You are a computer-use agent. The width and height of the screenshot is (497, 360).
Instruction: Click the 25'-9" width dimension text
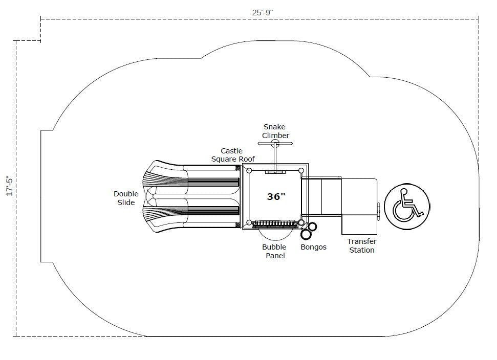tap(259, 12)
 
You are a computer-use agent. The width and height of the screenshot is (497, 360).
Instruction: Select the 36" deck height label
tap(275, 196)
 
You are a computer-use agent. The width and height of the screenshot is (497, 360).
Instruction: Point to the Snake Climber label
tap(275, 131)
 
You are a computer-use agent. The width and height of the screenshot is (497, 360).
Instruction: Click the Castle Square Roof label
tap(232, 155)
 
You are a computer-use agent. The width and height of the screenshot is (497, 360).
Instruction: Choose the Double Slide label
tap(126, 198)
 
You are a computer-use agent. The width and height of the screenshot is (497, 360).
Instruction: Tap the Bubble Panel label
tap(274, 251)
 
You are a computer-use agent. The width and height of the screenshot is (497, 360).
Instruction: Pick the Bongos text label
tap(314, 247)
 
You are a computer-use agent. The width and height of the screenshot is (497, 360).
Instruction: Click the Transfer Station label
tap(361, 245)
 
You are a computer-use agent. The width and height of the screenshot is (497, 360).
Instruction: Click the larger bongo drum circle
tap(307, 234)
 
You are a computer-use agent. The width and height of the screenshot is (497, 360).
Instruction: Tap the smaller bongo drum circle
tap(312, 226)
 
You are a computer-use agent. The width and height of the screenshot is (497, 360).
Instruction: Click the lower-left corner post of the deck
tap(249, 223)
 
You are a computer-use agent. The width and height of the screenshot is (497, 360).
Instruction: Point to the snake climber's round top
tap(275, 144)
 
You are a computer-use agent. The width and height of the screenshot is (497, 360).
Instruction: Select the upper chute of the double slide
tap(195, 182)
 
